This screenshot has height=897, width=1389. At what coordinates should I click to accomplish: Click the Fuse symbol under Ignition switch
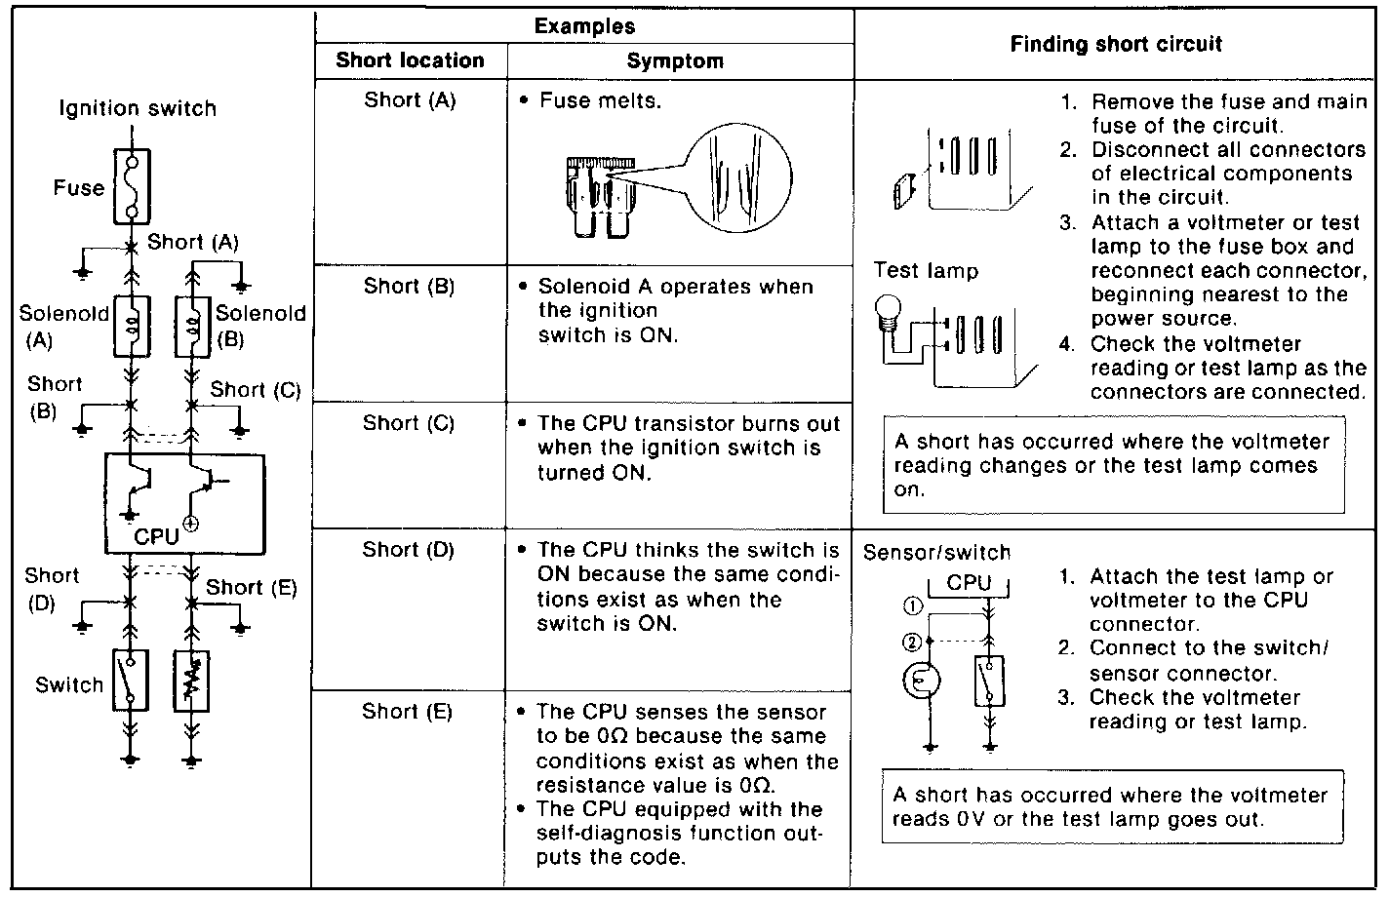pyautogui.click(x=132, y=186)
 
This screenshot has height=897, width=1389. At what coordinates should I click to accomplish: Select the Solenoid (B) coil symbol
pyautogui.click(x=192, y=322)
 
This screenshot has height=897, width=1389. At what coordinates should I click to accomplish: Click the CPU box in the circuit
pyautogui.click(x=184, y=503)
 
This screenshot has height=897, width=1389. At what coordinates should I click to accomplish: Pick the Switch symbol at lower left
pyautogui.click(x=130, y=679)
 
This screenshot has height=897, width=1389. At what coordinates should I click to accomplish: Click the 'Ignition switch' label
pyautogui.click(x=138, y=108)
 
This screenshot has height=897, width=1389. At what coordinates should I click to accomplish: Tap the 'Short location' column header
pyautogui.click(x=410, y=60)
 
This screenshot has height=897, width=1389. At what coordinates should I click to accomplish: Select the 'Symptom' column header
pyautogui.click(x=675, y=61)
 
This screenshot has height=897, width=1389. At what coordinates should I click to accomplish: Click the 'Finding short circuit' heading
pyautogui.click(x=1116, y=44)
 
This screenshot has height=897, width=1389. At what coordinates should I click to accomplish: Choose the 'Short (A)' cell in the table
pyautogui.click(x=410, y=99)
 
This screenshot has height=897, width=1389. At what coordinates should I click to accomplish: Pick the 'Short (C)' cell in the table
pyautogui.click(x=409, y=423)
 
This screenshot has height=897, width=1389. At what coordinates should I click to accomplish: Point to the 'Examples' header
pyautogui.click(x=584, y=26)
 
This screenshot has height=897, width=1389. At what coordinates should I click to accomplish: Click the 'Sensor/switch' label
pyautogui.click(x=936, y=553)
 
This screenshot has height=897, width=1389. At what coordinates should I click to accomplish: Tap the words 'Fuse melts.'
pyautogui.click(x=600, y=100)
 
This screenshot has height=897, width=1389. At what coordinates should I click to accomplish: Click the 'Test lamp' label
pyautogui.click(x=926, y=270)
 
